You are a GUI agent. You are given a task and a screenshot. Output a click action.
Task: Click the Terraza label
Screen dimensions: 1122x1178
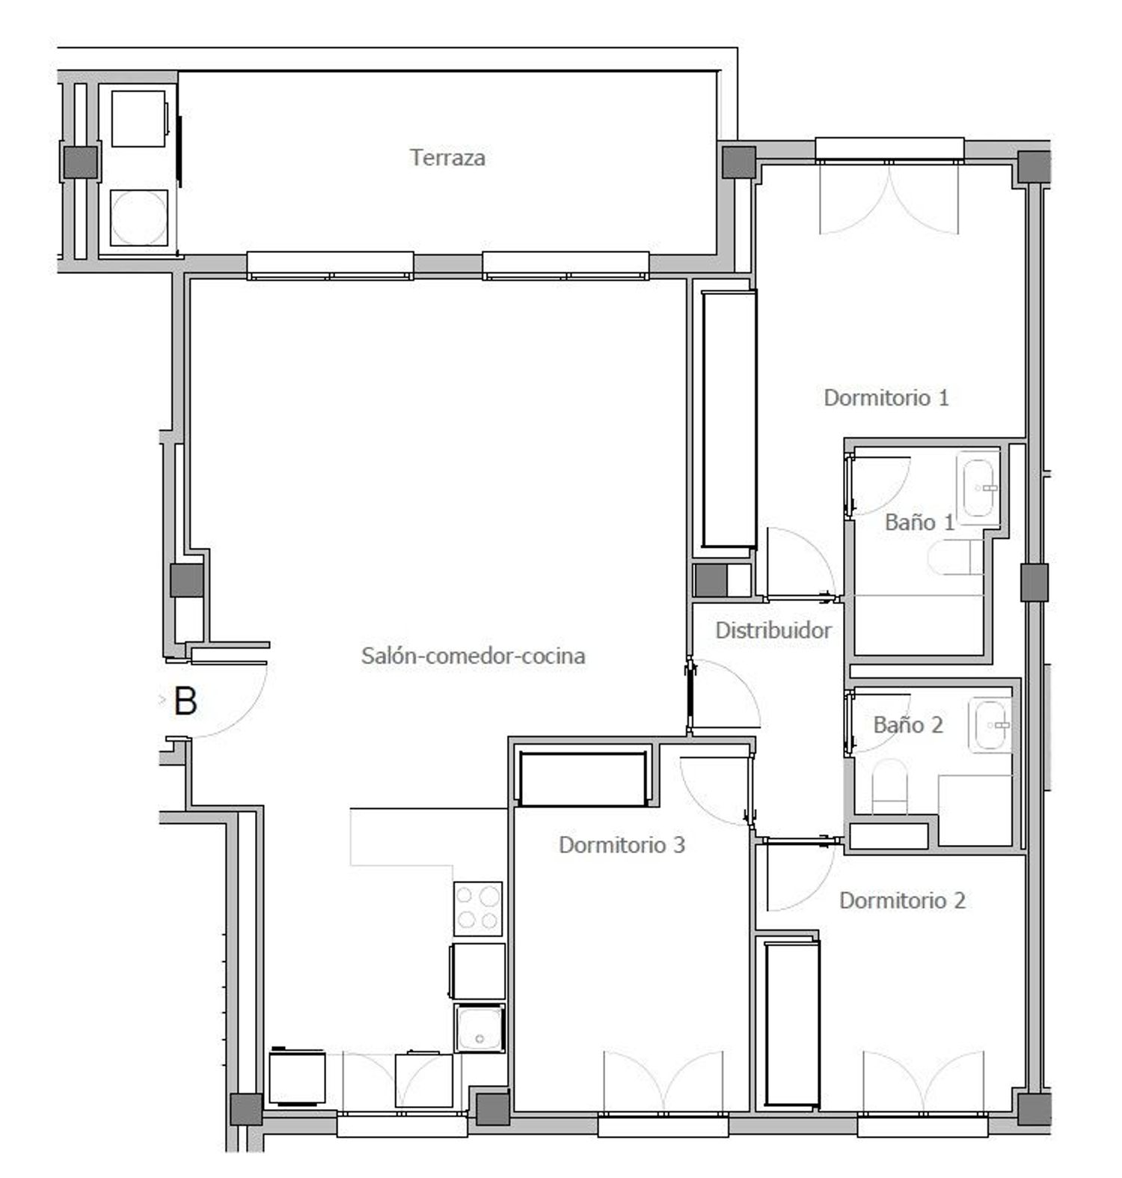(x=447, y=158)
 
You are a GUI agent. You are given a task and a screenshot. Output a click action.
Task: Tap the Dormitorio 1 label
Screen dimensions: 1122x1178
(x=886, y=397)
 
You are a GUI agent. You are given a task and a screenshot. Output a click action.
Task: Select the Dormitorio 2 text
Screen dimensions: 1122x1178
(x=902, y=900)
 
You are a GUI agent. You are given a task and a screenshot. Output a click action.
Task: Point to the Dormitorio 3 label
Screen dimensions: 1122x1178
(x=622, y=845)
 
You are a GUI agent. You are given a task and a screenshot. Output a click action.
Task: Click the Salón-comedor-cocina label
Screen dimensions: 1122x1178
(x=473, y=656)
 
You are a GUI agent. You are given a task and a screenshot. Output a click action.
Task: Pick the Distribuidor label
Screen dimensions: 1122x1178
(x=773, y=630)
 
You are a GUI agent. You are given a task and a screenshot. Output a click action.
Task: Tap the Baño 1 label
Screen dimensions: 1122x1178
(x=920, y=522)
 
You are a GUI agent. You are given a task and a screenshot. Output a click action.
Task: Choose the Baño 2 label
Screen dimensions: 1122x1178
(x=908, y=725)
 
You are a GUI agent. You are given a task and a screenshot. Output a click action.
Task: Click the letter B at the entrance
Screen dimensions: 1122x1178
(x=186, y=702)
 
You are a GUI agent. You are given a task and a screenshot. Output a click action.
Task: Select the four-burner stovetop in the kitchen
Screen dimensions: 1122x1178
(x=478, y=908)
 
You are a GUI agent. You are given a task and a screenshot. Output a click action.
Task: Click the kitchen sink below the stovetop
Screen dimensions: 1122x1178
(x=479, y=1028)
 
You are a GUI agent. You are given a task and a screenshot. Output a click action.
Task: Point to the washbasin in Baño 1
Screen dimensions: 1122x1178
(x=978, y=487)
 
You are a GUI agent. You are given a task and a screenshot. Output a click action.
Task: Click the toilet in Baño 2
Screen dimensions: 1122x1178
(x=889, y=787)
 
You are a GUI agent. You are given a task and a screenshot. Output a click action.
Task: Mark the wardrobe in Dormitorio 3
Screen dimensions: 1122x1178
(x=583, y=779)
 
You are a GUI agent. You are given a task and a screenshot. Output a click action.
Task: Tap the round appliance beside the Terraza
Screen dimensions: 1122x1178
(x=139, y=217)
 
